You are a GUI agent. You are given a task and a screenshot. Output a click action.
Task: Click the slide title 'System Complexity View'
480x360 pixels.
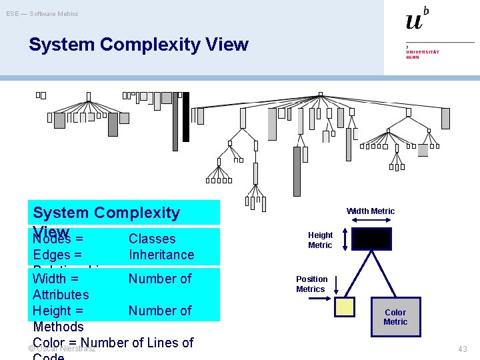point(138,45)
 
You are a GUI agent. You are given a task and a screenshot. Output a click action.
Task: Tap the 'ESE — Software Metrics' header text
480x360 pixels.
point(42,13)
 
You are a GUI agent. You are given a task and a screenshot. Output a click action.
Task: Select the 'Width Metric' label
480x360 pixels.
point(370,211)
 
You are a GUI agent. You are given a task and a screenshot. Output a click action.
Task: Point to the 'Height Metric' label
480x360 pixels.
point(320,240)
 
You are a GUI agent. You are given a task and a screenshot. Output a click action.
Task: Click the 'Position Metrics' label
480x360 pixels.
point(311,284)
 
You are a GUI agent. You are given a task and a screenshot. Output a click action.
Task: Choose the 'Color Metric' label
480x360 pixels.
point(395,317)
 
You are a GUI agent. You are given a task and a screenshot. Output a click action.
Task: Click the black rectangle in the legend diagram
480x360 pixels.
point(371,239)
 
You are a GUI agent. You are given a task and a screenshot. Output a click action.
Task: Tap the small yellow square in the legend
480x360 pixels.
point(345,306)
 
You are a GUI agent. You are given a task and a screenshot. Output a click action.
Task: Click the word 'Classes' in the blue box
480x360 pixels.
point(152,239)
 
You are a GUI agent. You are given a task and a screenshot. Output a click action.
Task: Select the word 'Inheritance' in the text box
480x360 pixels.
point(161,255)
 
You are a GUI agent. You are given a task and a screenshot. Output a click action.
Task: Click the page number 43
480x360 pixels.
point(463,349)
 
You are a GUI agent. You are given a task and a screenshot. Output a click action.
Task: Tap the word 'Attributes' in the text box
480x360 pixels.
point(61,294)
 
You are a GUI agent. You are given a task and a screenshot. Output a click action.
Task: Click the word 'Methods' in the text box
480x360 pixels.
point(59,327)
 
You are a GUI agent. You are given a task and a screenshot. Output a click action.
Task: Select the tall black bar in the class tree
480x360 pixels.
point(186,117)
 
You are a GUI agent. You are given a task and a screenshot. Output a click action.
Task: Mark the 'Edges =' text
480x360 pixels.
point(57,255)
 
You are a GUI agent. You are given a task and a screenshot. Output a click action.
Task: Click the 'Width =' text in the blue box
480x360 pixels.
point(55,278)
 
